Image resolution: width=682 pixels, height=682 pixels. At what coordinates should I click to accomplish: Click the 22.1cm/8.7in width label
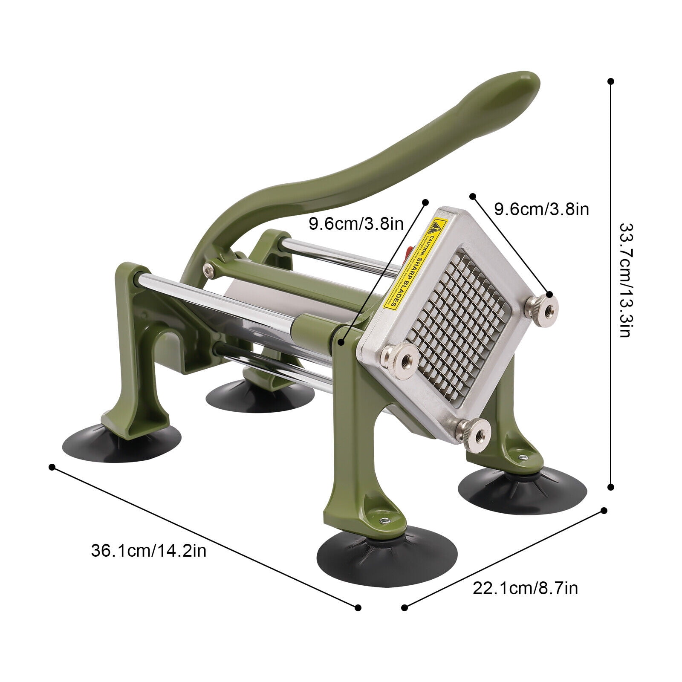click(525, 589)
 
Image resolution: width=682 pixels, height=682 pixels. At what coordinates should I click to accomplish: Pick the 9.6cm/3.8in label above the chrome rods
click(356, 223)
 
